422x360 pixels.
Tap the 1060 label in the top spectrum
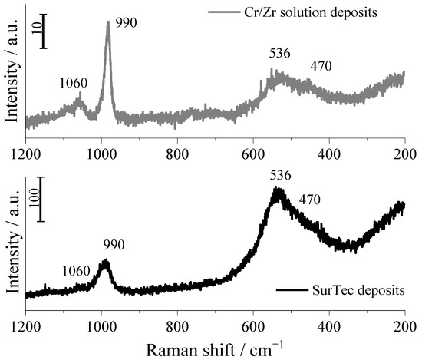[73, 83]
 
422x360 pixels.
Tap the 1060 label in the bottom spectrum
[77, 271]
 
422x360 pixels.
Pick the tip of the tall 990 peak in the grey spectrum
[108, 22]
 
